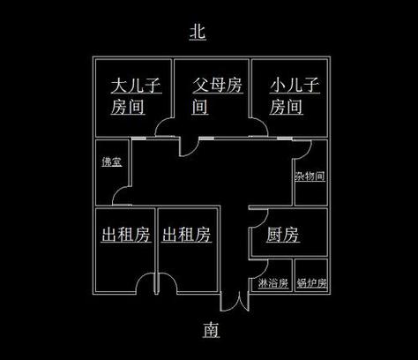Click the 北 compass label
tap(198, 31)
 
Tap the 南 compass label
tap(211, 329)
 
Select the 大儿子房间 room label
tap(136, 96)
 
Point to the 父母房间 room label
tap(218, 96)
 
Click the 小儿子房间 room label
tap(295, 96)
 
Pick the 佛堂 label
tap(112, 161)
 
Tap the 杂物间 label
tap(310, 176)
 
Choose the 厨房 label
tap(283, 235)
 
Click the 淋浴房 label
tap(272, 283)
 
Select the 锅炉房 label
tap(311, 283)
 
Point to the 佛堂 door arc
tap(117, 191)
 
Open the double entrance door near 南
tap(235, 303)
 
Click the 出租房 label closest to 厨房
tap(186, 235)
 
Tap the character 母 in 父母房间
tap(218, 86)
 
